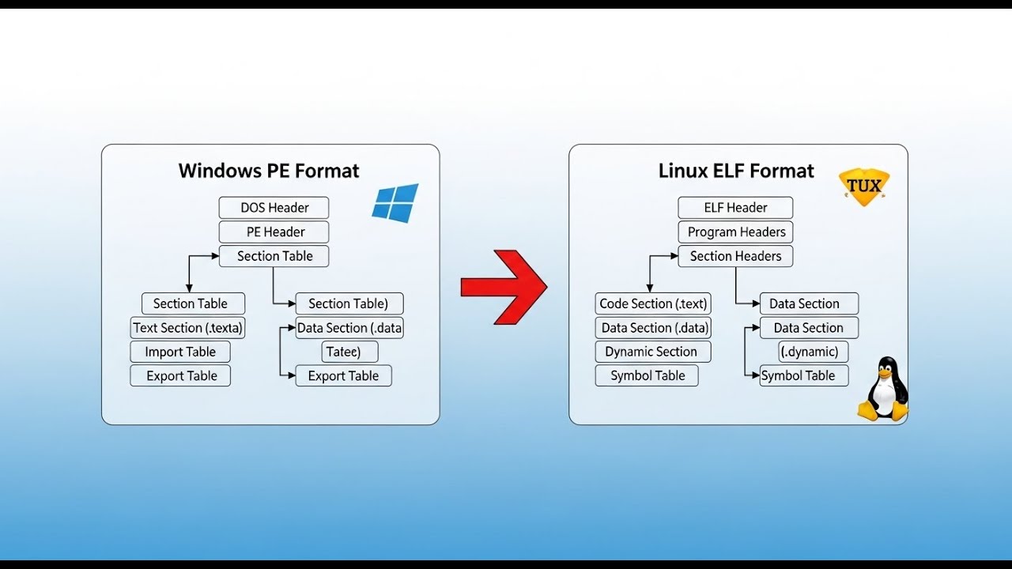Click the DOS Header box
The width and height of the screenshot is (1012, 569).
(x=274, y=208)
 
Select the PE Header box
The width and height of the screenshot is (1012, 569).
(x=274, y=232)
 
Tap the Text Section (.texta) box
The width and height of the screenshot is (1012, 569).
(x=188, y=328)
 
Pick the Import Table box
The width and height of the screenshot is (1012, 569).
(x=180, y=352)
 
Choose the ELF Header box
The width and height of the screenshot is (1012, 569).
(x=735, y=208)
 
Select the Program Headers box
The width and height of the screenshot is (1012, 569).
(x=735, y=232)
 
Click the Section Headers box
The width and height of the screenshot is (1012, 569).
(x=735, y=256)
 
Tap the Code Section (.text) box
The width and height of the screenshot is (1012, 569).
(x=653, y=303)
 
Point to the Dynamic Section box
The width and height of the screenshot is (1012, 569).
(x=652, y=352)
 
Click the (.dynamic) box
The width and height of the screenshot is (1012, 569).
(x=809, y=352)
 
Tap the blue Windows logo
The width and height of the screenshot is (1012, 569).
(x=395, y=203)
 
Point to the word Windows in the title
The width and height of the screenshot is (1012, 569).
(x=217, y=171)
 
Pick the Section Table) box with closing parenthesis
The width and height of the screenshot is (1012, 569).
(x=349, y=303)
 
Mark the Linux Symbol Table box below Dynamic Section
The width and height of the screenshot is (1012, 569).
(x=647, y=376)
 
